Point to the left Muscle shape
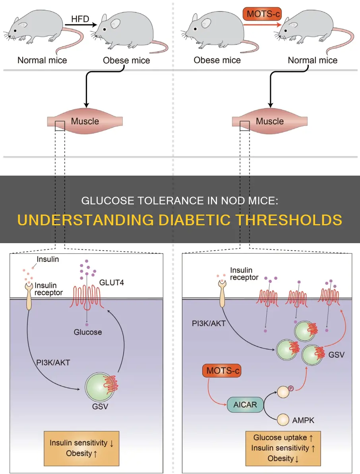click(x=85, y=121)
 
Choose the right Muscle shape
click(x=270, y=121)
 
